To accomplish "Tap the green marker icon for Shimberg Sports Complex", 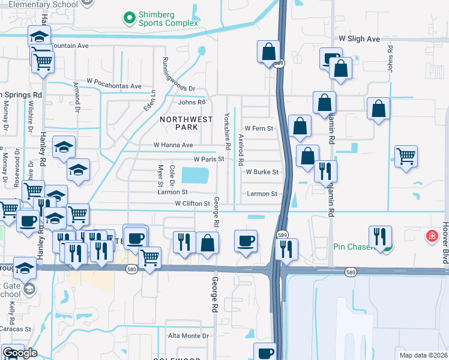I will point(129,18).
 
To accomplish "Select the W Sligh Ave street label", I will point(360,39).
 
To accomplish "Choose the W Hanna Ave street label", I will point(173,145).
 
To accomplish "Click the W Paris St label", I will point(208,160).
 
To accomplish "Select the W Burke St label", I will point(262,172).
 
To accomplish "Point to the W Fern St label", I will point(259,129).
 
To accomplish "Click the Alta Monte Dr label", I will point(187,336).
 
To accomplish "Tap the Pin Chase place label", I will point(353,247).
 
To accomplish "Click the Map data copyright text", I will point(424,355).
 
